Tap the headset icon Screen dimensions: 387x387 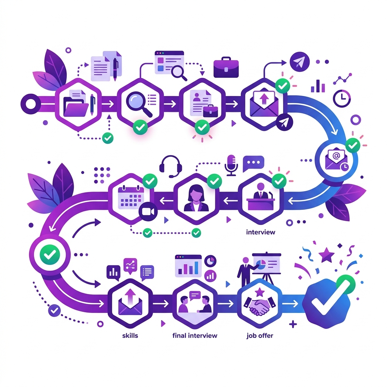point(170,166)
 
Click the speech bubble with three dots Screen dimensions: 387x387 point(253,163)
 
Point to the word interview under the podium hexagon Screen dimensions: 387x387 point(261,232)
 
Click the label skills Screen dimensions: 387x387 point(130,336)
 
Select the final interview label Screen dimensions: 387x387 point(195,336)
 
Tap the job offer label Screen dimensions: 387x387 point(260,336)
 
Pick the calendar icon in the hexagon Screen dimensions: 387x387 point(131,196)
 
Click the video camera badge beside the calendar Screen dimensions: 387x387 point(148,212)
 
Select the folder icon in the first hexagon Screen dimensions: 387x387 point(76,106)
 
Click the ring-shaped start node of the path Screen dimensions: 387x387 point(31,104)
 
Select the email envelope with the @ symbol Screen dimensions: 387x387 point(336,159)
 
